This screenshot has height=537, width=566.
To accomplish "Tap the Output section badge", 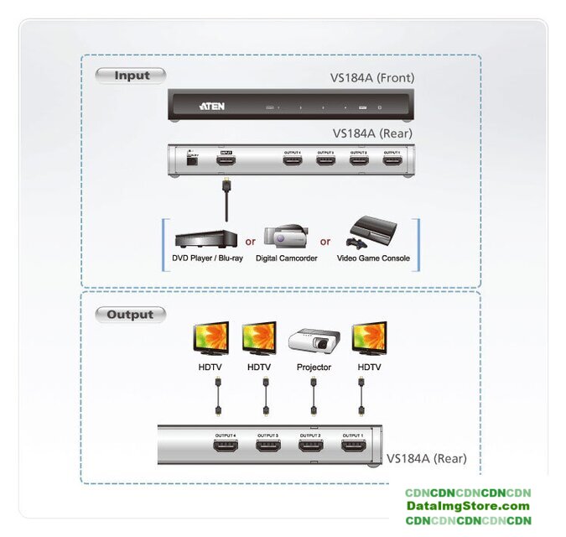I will coord(130,315).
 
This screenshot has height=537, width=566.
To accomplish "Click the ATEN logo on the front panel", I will coord(210,107).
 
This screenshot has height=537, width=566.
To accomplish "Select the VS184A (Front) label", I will coord(371,78).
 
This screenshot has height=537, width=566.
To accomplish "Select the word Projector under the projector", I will coord(314,368).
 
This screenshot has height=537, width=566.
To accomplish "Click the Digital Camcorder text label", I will coord(286,258).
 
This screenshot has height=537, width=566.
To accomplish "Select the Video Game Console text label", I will coord(373,258).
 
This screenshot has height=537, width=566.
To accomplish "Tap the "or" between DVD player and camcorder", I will coord(250,242).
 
